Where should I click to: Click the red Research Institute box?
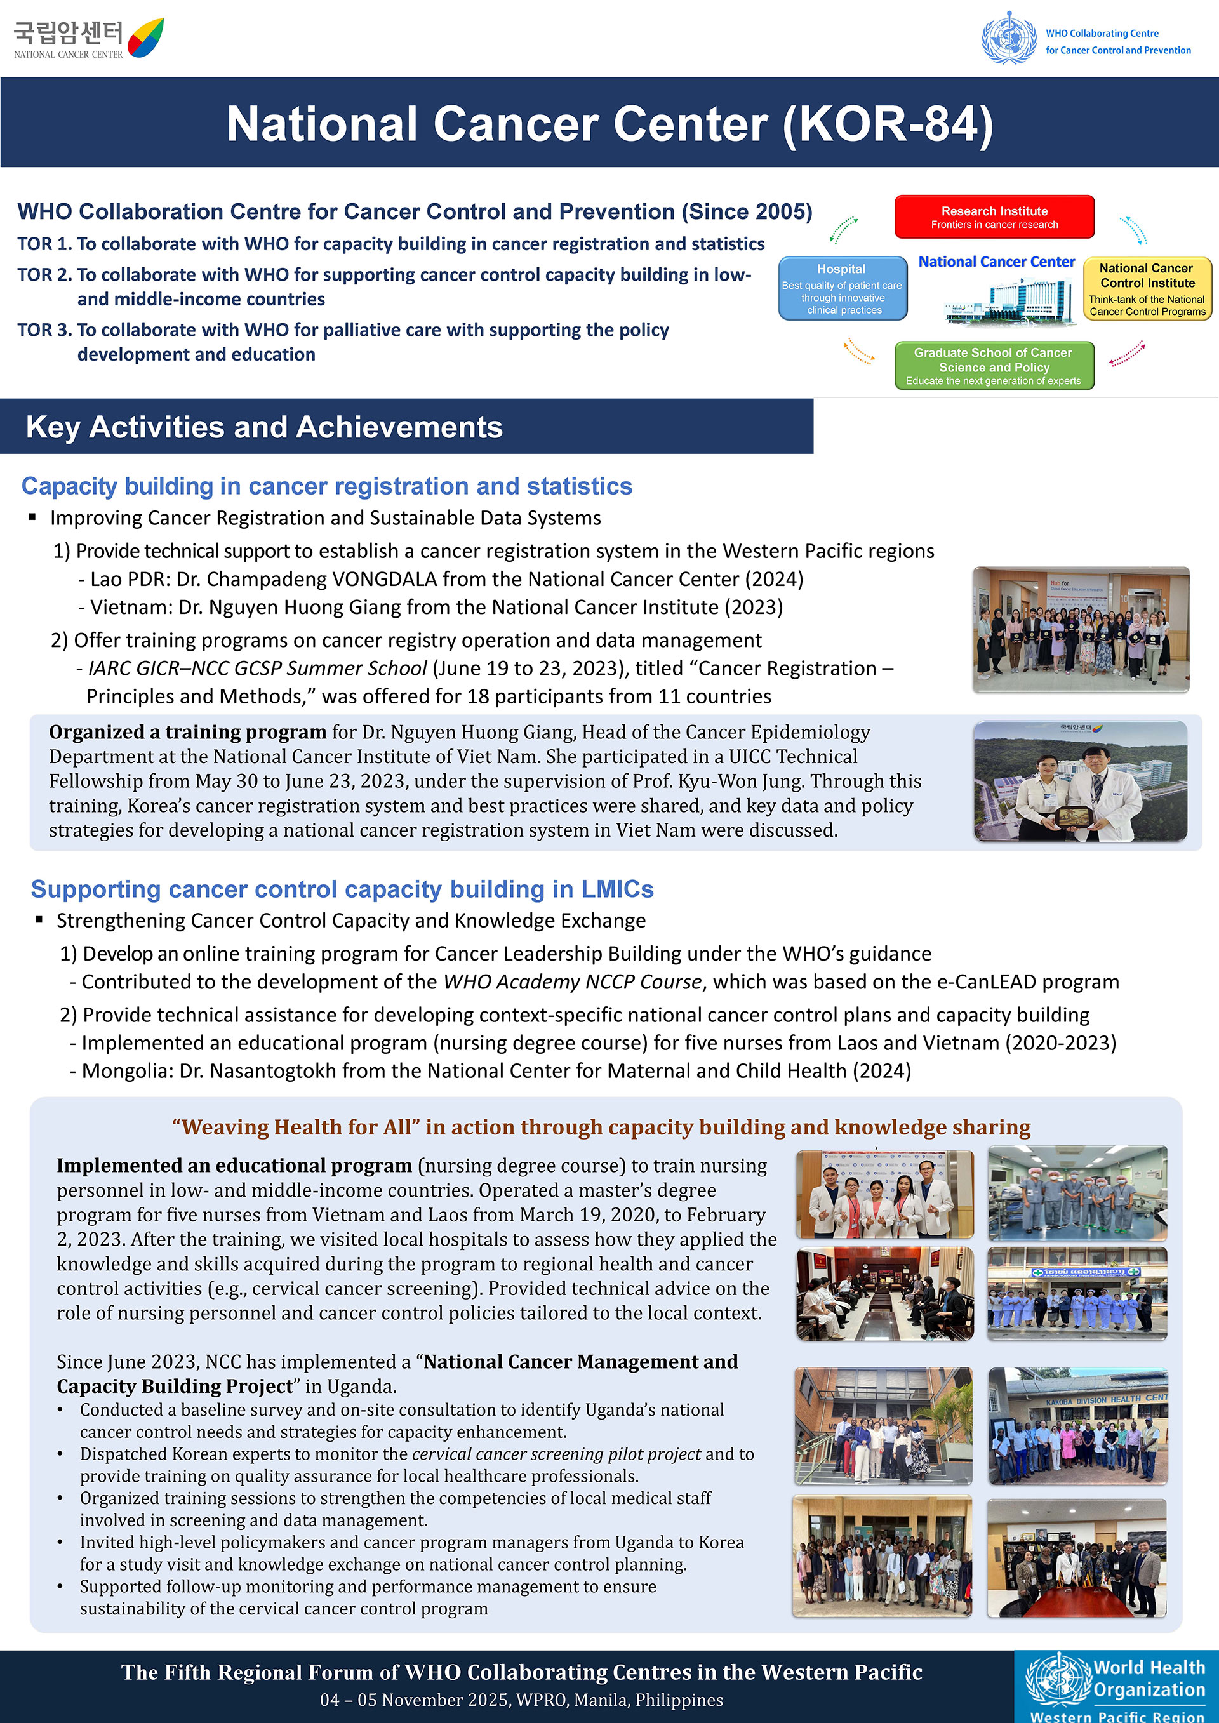[x=994, y=217]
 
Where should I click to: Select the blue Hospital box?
[x=843, y=288]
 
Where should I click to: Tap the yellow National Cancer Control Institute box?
[x=1147, y=289]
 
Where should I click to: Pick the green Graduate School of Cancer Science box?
[x=994, y=366]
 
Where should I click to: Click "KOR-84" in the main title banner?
[x=888, y=124]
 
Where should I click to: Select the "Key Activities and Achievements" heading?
[x=264, y=427]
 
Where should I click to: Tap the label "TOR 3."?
[x=44, y=330]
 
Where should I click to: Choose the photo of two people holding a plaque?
[x=1080, y=782]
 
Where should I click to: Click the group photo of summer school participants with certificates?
[x=1080, y=629]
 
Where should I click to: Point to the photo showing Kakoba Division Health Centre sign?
[x=1077, y=1425]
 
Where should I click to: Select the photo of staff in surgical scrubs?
[x=1077, y=1192]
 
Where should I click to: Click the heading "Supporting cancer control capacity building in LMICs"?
[x=342, y=889]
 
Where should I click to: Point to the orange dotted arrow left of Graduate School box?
[x=860, y=350]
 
